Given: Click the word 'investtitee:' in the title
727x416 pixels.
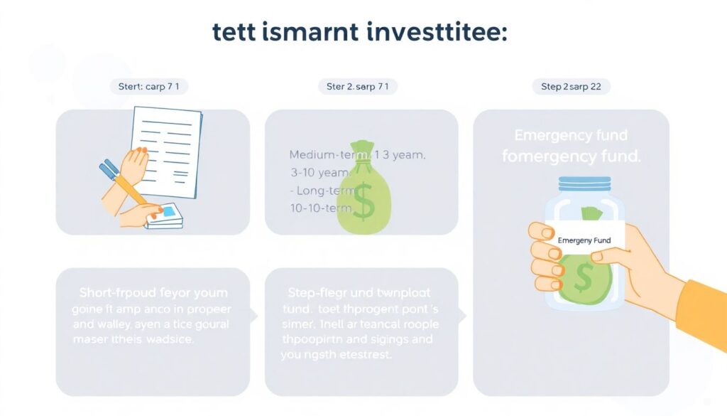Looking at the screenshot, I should click(434, 33).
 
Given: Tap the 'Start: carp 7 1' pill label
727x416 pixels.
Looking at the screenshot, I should click(148, 87).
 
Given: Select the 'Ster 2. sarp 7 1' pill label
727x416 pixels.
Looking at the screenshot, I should click(357, 87).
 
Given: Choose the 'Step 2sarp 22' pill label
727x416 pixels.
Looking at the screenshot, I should click(571, 87).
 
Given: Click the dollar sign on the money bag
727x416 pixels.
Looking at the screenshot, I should click(363, 201).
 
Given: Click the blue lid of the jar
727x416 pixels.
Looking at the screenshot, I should click(585, 183).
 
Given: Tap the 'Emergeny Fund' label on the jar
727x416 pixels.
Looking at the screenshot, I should click(584, 241).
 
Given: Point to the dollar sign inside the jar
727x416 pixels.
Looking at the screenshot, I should click(584, 278).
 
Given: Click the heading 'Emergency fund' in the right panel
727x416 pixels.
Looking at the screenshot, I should click(571, 135).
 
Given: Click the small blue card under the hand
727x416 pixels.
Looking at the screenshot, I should click(168, 211).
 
